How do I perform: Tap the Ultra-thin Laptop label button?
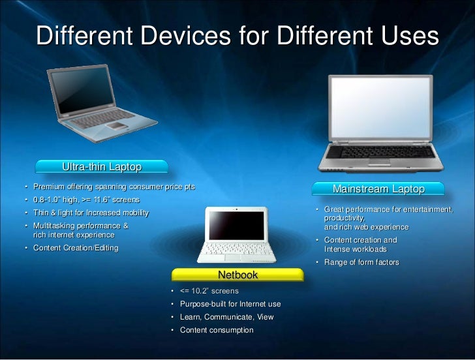[x=102, y=168]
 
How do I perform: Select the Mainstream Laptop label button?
[x=378, y=189]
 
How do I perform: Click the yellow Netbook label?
[x=237, y=275]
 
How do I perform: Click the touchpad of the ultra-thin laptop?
[x=115, y=125]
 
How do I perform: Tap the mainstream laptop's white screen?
[x=380, y=108]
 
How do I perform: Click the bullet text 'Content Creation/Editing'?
[x=76, y=248]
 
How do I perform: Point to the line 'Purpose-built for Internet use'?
[x=230, y=304]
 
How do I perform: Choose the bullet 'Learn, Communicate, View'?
[x=226, y=317]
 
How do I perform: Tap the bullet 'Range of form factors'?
[x=361, y=263]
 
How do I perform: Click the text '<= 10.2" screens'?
[x=209, y=291]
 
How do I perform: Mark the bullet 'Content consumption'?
[x=216, y=330]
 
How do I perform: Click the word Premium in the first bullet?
[x=48, y=187]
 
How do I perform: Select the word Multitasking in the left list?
[x=55, y=226]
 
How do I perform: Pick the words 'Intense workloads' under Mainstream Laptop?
[x=356, y=249]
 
